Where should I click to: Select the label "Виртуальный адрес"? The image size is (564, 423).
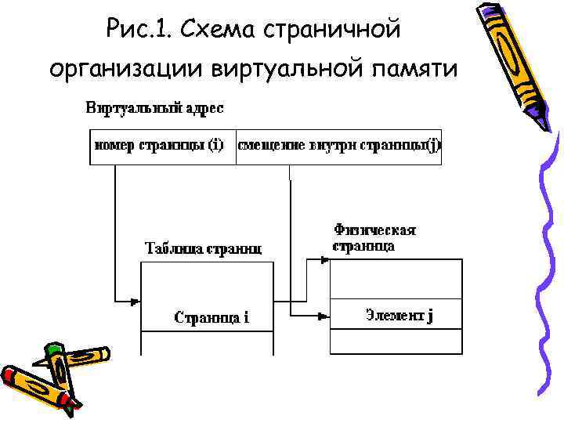154,107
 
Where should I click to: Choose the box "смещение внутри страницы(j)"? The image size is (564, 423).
338,146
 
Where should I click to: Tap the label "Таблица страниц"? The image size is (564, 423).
203,249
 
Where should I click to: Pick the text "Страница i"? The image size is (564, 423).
211,317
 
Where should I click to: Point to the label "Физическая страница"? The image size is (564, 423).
374,237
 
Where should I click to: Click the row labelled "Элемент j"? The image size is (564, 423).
396,315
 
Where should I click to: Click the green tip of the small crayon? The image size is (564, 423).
52,348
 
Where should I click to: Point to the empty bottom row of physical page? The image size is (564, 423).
396,342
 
